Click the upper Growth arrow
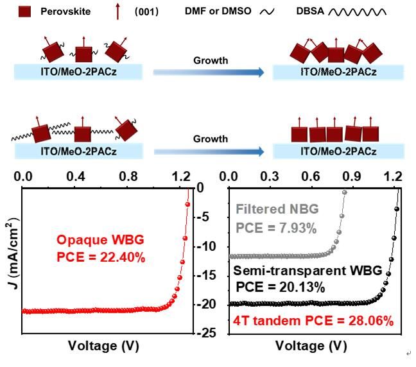209,73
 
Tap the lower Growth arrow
209,151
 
